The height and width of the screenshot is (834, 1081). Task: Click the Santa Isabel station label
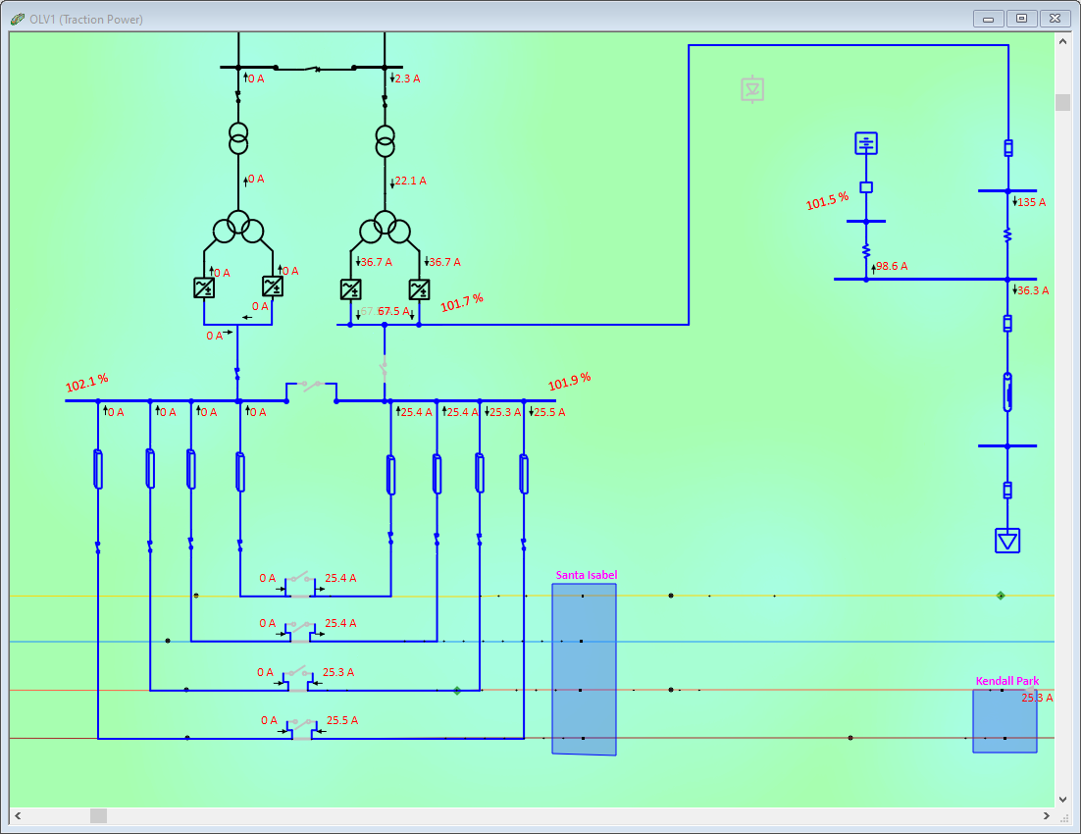586,575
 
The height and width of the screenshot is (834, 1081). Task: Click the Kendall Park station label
1006,681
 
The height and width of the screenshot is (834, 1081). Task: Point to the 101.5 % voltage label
827,201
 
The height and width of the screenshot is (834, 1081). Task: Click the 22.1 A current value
410,181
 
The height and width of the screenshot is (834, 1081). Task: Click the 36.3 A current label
1033,290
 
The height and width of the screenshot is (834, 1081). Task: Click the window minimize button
988,19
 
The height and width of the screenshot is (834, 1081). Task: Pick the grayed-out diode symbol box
752,89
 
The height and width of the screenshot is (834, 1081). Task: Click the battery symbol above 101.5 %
866,143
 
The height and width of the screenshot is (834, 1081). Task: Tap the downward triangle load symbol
1007,541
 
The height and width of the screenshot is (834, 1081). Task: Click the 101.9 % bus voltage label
570,382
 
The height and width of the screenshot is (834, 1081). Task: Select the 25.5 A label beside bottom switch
341,720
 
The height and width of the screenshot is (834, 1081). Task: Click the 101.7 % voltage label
462,303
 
